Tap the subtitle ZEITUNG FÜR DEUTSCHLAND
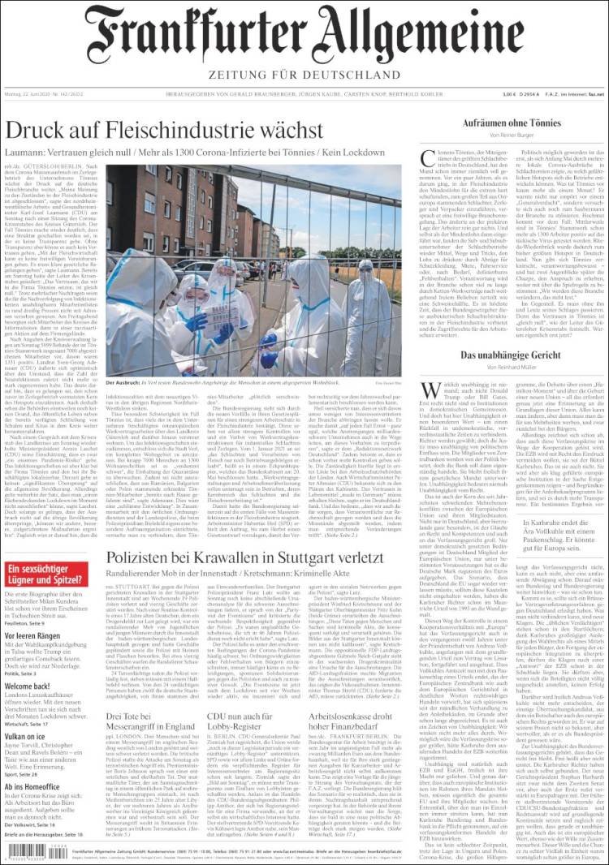pos(305,75)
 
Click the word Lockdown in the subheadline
pos(357,153)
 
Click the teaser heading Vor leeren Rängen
pos(37,635)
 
